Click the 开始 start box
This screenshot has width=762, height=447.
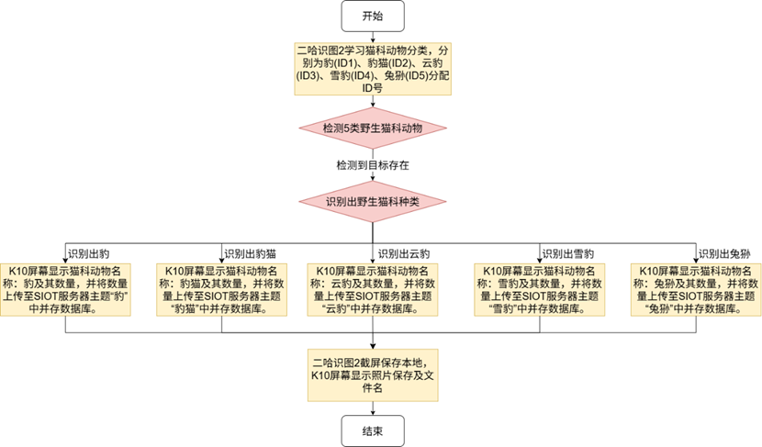(374, 15)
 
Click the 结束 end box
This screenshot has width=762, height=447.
(372, 430)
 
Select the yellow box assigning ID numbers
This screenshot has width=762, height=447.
(373, 67)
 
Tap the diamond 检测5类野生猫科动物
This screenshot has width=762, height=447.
(373, 129)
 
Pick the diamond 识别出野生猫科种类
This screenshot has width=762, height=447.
(373, 200)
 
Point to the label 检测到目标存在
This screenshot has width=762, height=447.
(373, 165)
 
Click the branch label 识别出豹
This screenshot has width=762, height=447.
(88, 252)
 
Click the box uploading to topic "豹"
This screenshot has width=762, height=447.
(66, 289)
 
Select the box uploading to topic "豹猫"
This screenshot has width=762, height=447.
(217, 289)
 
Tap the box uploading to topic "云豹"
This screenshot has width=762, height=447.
(372, 289)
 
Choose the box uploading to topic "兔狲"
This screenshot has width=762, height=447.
(695, 289)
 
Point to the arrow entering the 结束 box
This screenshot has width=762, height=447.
(372, 408)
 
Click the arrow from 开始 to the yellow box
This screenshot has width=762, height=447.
(373, 35)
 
